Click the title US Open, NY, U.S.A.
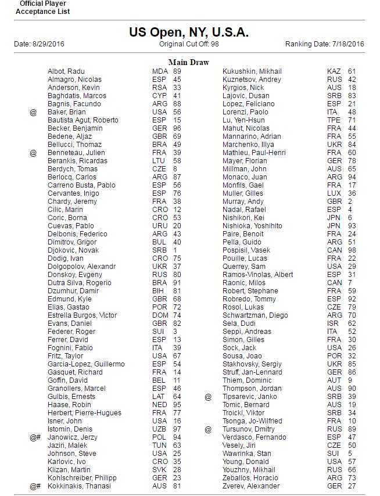(189, 32)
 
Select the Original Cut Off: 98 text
(189, 44)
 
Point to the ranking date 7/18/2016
(348, 44)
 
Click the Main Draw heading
(189, 62)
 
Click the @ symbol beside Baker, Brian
(33, 112)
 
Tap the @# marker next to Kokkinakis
(35, 486)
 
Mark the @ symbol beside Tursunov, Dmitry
(208, 429)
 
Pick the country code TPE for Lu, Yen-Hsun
(334, 120)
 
